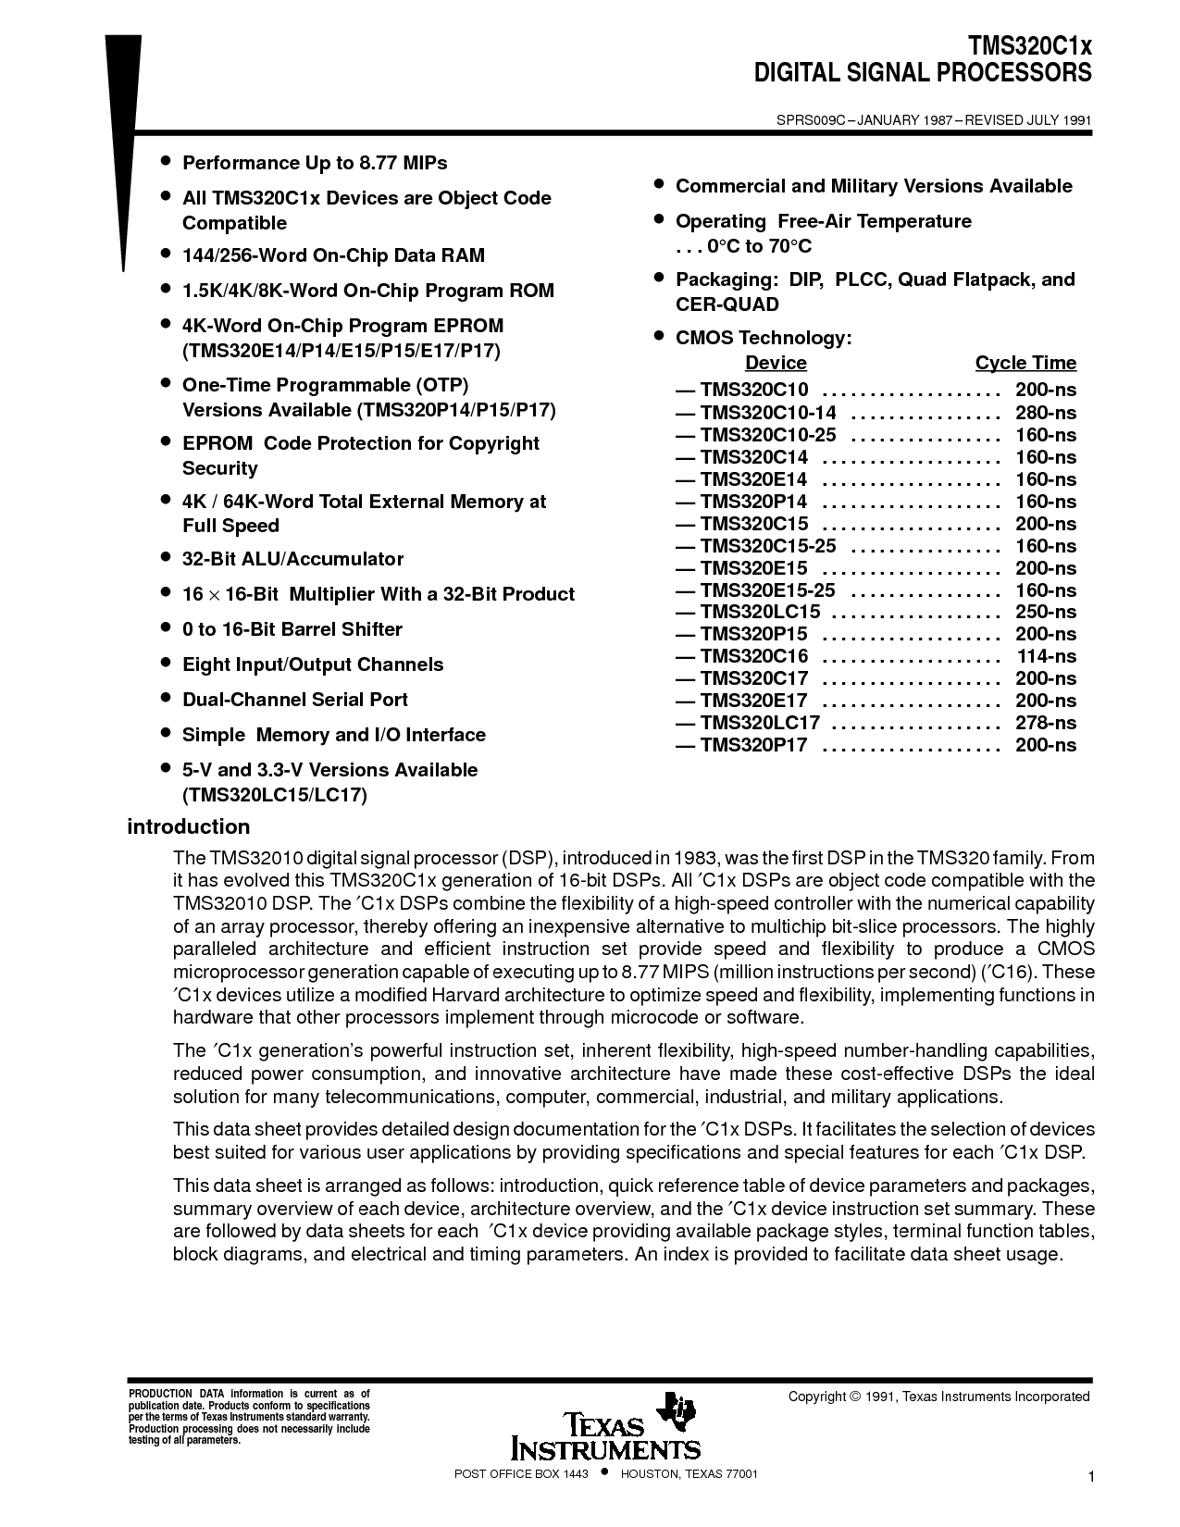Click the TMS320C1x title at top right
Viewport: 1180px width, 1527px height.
coord(1030,47)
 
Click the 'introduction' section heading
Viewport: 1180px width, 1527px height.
coord(189,826)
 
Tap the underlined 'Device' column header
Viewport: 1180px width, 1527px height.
coord(776,363)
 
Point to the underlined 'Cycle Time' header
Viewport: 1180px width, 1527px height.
coord(1025,363)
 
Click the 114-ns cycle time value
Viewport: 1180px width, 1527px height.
coord(1047,656)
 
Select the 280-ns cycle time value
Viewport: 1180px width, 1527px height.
coord(1046,413)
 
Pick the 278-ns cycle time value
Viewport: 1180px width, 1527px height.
coord(1046,723)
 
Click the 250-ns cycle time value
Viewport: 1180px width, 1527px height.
coord(1046,612)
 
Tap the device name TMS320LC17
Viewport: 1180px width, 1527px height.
coord(760,723)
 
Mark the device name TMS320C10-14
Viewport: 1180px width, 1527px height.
coord(767,413)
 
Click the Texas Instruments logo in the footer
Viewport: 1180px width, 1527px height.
coord(606,1426)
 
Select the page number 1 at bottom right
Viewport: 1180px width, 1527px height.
coord(1092,1479)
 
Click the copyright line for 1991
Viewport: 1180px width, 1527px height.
coord(938,1397)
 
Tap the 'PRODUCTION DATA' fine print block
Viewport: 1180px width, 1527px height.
coord(248,1417)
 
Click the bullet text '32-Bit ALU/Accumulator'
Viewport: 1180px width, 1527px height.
coord(292,559)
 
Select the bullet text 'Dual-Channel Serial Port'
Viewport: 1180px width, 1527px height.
coord(295,700)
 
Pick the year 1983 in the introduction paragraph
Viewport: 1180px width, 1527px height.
coord(695,858)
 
